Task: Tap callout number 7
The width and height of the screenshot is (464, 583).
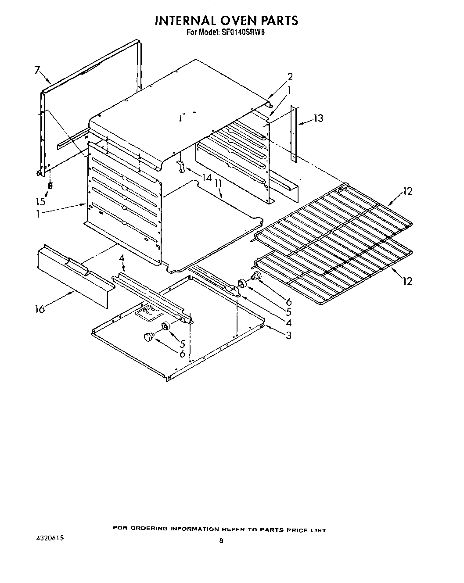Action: [37, 70]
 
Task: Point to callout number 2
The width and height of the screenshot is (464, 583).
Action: [290, 77]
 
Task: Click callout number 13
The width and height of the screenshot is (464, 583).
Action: [318, 118]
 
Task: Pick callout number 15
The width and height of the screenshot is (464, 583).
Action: [41, 202]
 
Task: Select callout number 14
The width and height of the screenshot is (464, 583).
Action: [206, 178]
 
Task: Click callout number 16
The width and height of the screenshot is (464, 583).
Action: [40, 309]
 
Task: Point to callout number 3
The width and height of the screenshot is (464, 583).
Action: [288, 336]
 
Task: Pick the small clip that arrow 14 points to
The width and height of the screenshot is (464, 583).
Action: [180, 166]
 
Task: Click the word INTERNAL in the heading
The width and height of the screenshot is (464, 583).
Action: [182, 21]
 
